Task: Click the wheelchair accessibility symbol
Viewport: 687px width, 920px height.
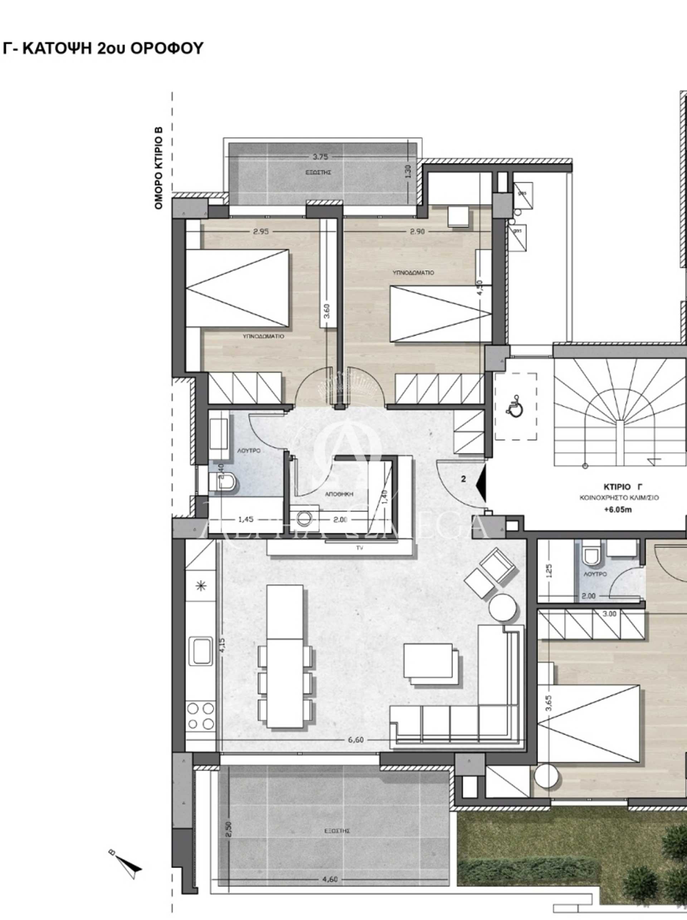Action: coord(516,405)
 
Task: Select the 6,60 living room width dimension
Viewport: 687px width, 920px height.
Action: coord(356,740)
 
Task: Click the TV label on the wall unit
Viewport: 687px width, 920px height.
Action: coord(360,548)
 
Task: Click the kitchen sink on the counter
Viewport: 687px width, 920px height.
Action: coord(201,651)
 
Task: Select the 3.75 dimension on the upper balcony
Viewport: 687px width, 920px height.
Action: coord(320,157)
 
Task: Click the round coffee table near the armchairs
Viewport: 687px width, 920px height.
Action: coord(503,607)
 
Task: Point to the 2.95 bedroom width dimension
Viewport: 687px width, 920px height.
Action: coord(261,232)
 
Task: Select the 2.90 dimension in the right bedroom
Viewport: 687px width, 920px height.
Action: coord(417,232)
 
